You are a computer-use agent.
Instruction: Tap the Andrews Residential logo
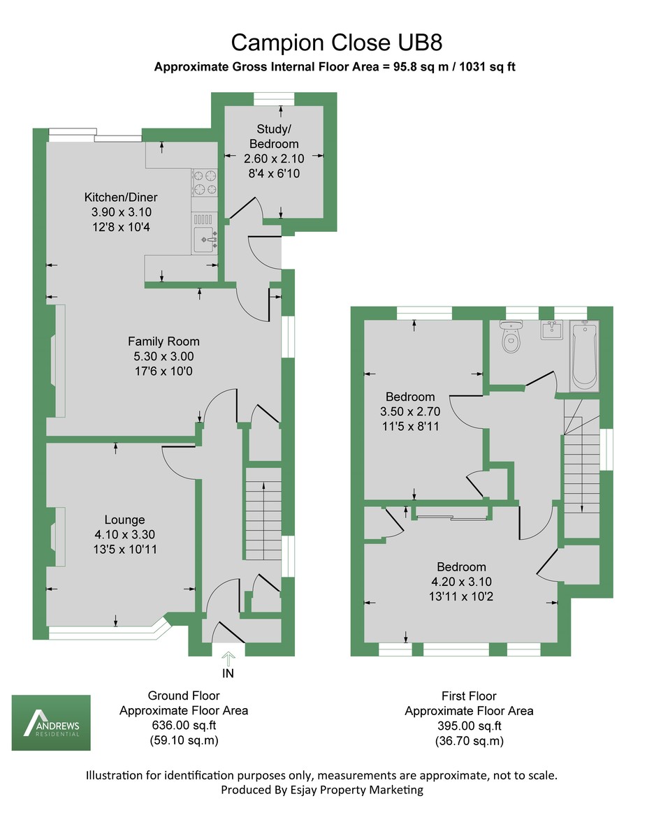click(x=51, y=722)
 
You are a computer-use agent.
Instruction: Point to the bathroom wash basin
click(x=552, y=330)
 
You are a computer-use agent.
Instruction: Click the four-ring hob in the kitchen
click(x=203, y=182)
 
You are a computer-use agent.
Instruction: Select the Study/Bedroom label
click(x=279, y=134)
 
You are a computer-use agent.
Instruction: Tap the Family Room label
click(x=163, y=341)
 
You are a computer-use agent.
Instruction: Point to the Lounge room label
click(x=124, y=520)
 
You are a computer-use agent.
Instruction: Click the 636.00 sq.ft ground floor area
click(x=184, y=726)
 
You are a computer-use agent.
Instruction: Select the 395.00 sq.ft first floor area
click(x=469, y=726)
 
